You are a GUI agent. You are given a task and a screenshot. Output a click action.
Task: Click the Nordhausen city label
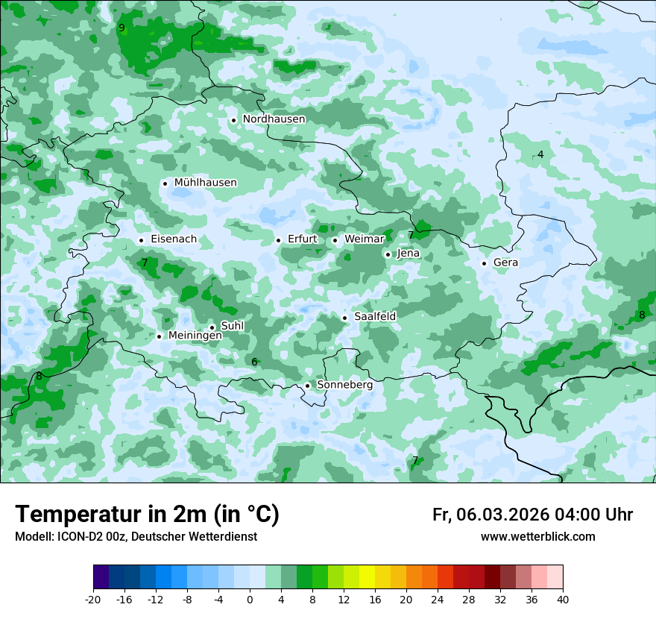(x=274, y=119)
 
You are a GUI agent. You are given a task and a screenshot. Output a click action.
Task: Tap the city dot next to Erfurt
(x=278, y=240)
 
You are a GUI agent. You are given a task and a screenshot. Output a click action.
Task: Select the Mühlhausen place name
(x=205, y=183)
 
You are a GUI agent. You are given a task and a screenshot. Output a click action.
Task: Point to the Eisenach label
(x=174, y=239)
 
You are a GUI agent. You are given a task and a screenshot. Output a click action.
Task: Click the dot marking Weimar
(x=335, y=240)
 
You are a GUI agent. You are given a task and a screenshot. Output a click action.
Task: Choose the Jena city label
(x=409, y=254)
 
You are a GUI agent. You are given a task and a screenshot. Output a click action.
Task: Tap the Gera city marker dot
(x=484, y=263)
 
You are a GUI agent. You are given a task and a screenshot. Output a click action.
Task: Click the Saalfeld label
(x=375, y=317)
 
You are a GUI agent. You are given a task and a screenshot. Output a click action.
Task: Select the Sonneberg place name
(x=344, y=386)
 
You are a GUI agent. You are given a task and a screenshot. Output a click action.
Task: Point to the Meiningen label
(x=195, y=336)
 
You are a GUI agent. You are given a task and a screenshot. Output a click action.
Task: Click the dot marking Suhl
(x=212, y=327)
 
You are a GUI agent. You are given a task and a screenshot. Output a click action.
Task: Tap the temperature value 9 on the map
(x=122, y=28)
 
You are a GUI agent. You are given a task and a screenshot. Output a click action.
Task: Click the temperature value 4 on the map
(x=540, y=154)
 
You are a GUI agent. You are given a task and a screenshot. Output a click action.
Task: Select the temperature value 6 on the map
(x=254, y=362)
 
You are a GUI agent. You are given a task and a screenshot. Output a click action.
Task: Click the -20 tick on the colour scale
(x=93, y=600)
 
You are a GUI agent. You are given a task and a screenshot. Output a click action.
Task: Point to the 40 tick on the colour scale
(x=563, y=600)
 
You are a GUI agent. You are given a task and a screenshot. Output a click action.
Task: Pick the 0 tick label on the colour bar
(x=250, y=600)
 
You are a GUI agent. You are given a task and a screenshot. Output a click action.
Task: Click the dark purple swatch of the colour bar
(x=101, y=578)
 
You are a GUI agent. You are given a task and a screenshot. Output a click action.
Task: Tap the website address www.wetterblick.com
(x=537, y=537)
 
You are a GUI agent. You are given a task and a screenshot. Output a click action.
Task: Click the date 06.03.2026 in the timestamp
(x=502, y=515)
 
